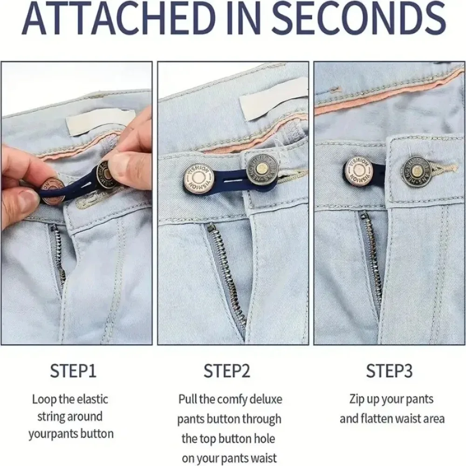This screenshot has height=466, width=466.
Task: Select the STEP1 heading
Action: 74,370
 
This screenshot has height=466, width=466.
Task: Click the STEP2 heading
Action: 227,370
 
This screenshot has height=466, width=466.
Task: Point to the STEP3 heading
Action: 389,370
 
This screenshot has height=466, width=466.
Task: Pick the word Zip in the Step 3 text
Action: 357,400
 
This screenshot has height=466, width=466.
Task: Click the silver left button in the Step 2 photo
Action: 199,179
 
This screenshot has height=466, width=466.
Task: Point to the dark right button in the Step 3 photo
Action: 417,170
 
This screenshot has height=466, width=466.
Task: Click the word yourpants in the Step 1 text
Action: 51,434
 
